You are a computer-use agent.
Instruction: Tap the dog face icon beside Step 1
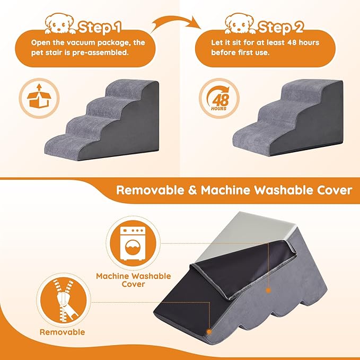click(x=63, y=23)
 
